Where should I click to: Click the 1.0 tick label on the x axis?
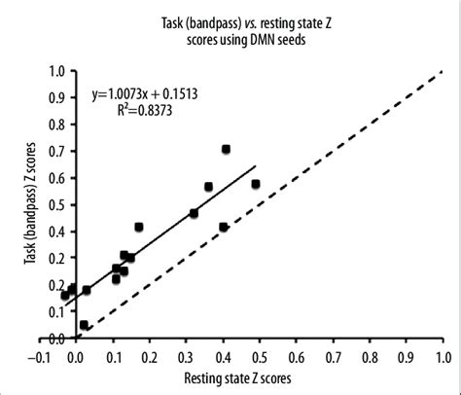(x=442, y=354)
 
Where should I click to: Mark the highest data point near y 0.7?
(x=226, y=150)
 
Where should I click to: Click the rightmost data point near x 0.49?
(x=256, y=184)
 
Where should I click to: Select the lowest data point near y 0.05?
(x=84, y=325)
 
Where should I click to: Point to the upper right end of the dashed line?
(x=441, y=74)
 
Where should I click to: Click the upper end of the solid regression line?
(x=256, y=166)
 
